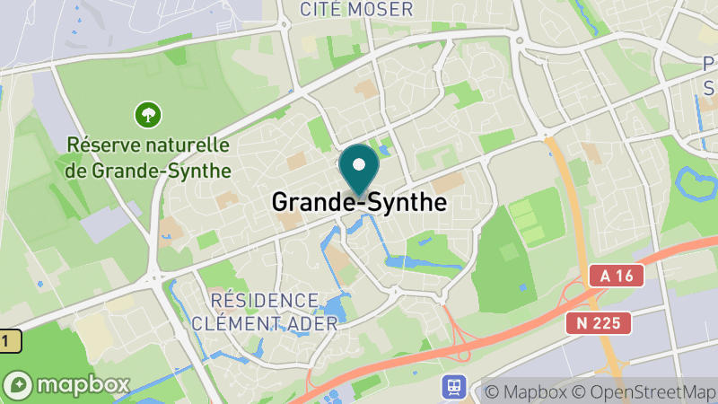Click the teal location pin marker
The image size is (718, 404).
tap(360, 171)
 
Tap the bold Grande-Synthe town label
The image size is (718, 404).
tap(359, 202)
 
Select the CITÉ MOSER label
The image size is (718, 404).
tap(357, 10)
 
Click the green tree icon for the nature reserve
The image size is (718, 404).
tap(146, 114)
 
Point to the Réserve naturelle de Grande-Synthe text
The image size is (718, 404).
tap(149, 157)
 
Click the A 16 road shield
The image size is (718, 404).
tap(617, 277)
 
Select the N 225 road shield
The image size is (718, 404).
tap(600, 322)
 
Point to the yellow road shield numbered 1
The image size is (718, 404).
tap(8, 341)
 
